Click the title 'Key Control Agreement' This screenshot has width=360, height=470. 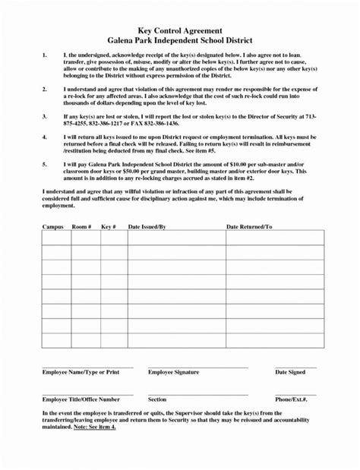point(180,27)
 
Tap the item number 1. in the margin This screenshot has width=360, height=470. point(45,56)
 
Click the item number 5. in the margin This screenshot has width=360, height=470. point(45,164)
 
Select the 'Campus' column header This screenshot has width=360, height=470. point(52,227)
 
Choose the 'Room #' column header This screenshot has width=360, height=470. point(81,227)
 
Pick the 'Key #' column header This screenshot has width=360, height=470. point(109,227)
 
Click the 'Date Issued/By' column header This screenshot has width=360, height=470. point(147,227)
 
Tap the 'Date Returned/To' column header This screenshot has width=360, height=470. point(249,227)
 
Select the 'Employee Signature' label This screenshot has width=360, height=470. point(173,373)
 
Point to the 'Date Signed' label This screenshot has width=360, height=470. point(290,373)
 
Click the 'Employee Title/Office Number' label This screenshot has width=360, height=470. point(81,399)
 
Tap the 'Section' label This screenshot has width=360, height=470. point(157,399)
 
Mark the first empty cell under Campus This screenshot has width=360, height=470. point(55,238)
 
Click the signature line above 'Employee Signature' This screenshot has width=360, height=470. point(197,367)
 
